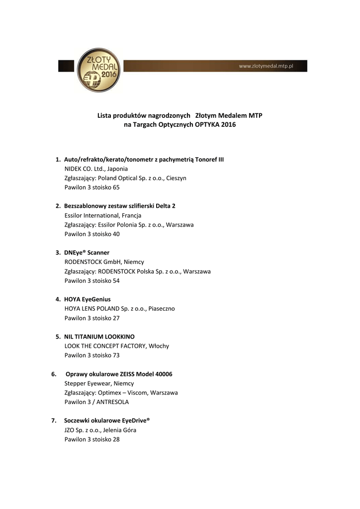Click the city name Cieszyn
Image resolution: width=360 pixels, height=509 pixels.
[x=176, y=178]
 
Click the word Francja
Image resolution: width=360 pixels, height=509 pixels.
[x=131, y=216]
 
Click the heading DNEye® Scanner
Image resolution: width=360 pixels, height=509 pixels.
[x=87, y=253]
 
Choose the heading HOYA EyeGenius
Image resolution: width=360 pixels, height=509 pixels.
[x=88, y=300]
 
